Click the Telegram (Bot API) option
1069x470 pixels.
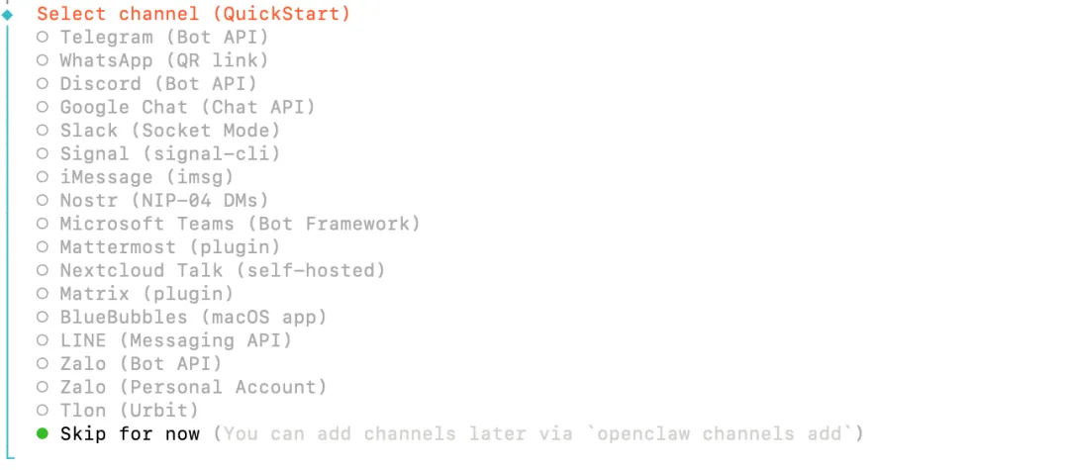163,38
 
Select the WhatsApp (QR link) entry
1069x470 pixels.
163,60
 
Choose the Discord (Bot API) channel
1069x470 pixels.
158,84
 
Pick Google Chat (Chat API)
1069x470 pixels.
187,107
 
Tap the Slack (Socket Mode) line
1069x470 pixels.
169,131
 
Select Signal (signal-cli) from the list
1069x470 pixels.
169,154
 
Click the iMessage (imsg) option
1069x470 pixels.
146,177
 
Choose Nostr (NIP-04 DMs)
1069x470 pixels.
163,201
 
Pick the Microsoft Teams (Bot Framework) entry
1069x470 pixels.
240,224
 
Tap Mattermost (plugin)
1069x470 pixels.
169,247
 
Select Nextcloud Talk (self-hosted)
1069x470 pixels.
222,270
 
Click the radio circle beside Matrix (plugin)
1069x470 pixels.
43,294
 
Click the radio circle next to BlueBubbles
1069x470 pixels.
43,318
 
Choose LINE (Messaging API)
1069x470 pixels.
175,340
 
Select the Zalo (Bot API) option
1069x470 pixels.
141,364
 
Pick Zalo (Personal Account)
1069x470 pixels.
193,387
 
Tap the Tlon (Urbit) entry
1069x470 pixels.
129,411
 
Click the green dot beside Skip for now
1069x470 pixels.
43,433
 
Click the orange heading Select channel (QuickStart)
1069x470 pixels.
193,14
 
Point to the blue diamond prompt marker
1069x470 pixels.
8,14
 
